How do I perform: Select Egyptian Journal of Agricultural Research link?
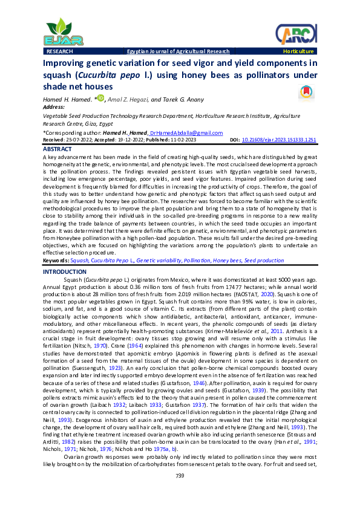tap(178, 52)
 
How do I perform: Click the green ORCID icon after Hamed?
tap(100, 99)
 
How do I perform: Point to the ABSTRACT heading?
tap(58, 149)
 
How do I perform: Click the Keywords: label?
tap(56, 261)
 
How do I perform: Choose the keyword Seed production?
tap(264, 261)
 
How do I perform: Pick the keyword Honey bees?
tap(227, 261)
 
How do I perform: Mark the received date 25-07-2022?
tap(77, 140)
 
